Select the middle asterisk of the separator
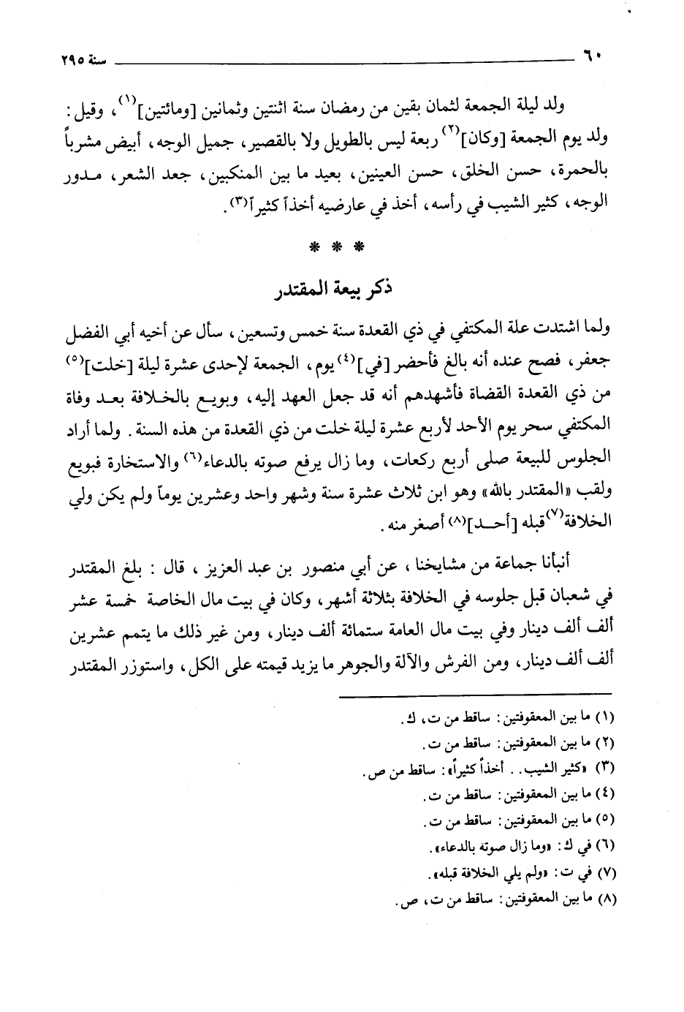coord(335,247)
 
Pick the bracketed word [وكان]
coord(497,139)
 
